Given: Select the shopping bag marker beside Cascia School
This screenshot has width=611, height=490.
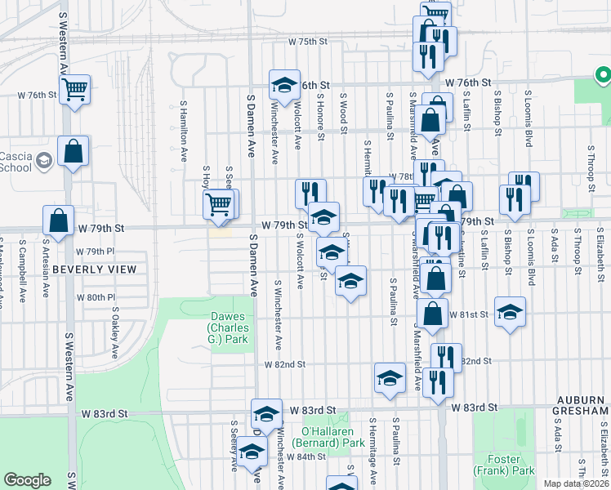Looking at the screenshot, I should (74, 151).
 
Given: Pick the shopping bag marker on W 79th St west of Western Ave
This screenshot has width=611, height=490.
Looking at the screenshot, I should (59, 220).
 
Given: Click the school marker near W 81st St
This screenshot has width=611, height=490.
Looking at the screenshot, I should (510, 312).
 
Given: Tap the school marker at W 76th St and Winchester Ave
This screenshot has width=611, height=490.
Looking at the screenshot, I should (285, 85).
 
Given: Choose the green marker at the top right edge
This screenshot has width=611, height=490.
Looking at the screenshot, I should (603, 77).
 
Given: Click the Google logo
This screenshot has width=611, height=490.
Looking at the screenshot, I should (27, 480).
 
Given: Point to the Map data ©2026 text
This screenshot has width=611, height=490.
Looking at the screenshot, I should (575, 483).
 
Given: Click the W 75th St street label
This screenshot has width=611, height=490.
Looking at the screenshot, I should (306, 42).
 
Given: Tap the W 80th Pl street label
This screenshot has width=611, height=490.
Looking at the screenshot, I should (96, 297).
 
